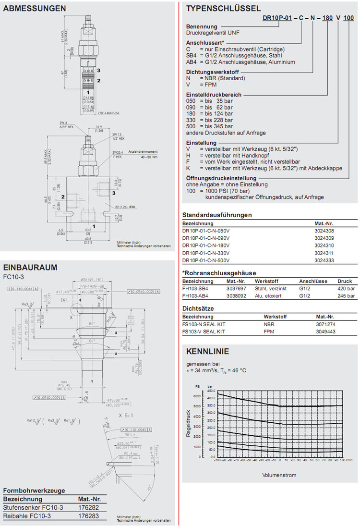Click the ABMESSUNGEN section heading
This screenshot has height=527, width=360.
[x=35, y=8]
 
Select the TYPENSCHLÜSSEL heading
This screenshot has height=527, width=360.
[x=223, y=8]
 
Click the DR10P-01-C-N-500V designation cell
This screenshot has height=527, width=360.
[x=206, y=260]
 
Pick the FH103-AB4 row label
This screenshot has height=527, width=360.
[x=198, y=296]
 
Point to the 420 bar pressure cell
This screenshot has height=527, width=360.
[x=346, y=289]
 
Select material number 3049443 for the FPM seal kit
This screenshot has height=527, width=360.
[x=325, y=331]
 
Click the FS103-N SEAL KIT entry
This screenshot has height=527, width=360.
[x=204, y=324]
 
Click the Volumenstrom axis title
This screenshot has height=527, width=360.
[x=279, y=476]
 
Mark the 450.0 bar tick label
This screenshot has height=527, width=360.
[x=211, y=391]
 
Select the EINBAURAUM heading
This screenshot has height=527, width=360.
[x=30, y=267]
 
